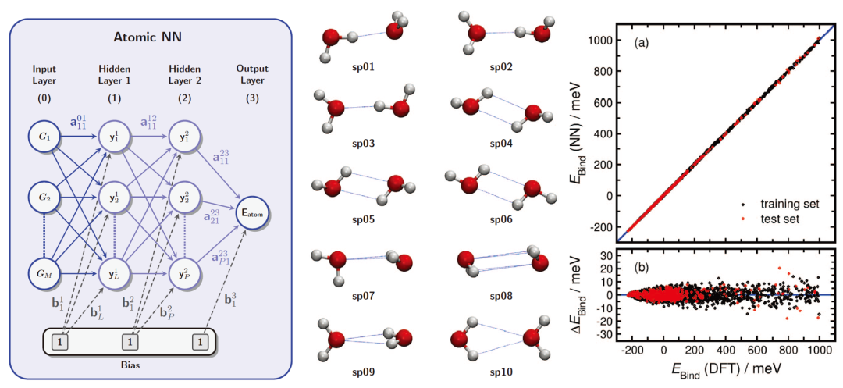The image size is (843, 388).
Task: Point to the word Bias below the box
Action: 128,365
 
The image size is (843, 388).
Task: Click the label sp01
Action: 363,67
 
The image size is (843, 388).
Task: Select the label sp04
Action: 501,143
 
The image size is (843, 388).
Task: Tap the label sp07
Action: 363,296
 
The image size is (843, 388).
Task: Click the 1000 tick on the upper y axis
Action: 601,37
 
